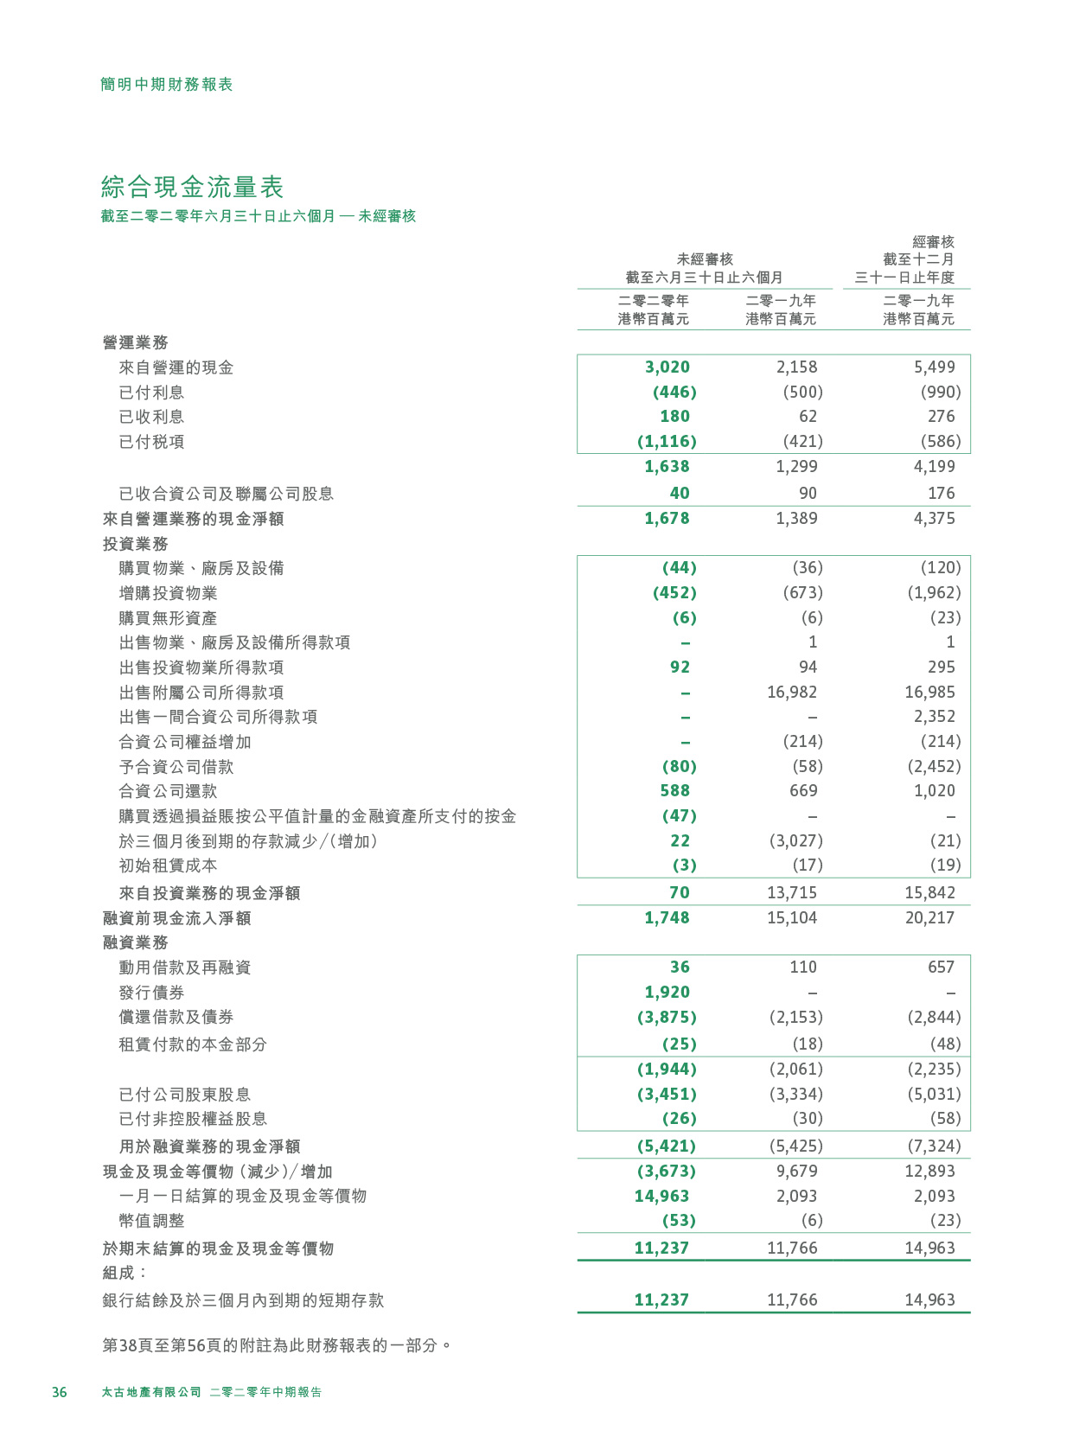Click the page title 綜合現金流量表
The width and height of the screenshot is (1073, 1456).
192,187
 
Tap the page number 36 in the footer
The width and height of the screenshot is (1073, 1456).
59,1392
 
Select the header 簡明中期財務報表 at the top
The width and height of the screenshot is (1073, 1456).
167,84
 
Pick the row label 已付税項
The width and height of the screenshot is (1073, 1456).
151,442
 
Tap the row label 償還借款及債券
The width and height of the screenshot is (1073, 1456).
176,1018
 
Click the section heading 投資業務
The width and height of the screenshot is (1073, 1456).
135,544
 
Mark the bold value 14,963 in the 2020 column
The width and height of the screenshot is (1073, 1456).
661,1197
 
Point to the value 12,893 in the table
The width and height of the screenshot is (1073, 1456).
929,1172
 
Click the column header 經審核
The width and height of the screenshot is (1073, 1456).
933,242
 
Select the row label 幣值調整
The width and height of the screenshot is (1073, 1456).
151,1221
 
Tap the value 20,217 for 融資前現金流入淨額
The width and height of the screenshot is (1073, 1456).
929,918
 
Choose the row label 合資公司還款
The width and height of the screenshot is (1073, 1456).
168,791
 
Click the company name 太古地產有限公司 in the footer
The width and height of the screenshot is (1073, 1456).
151,1392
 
